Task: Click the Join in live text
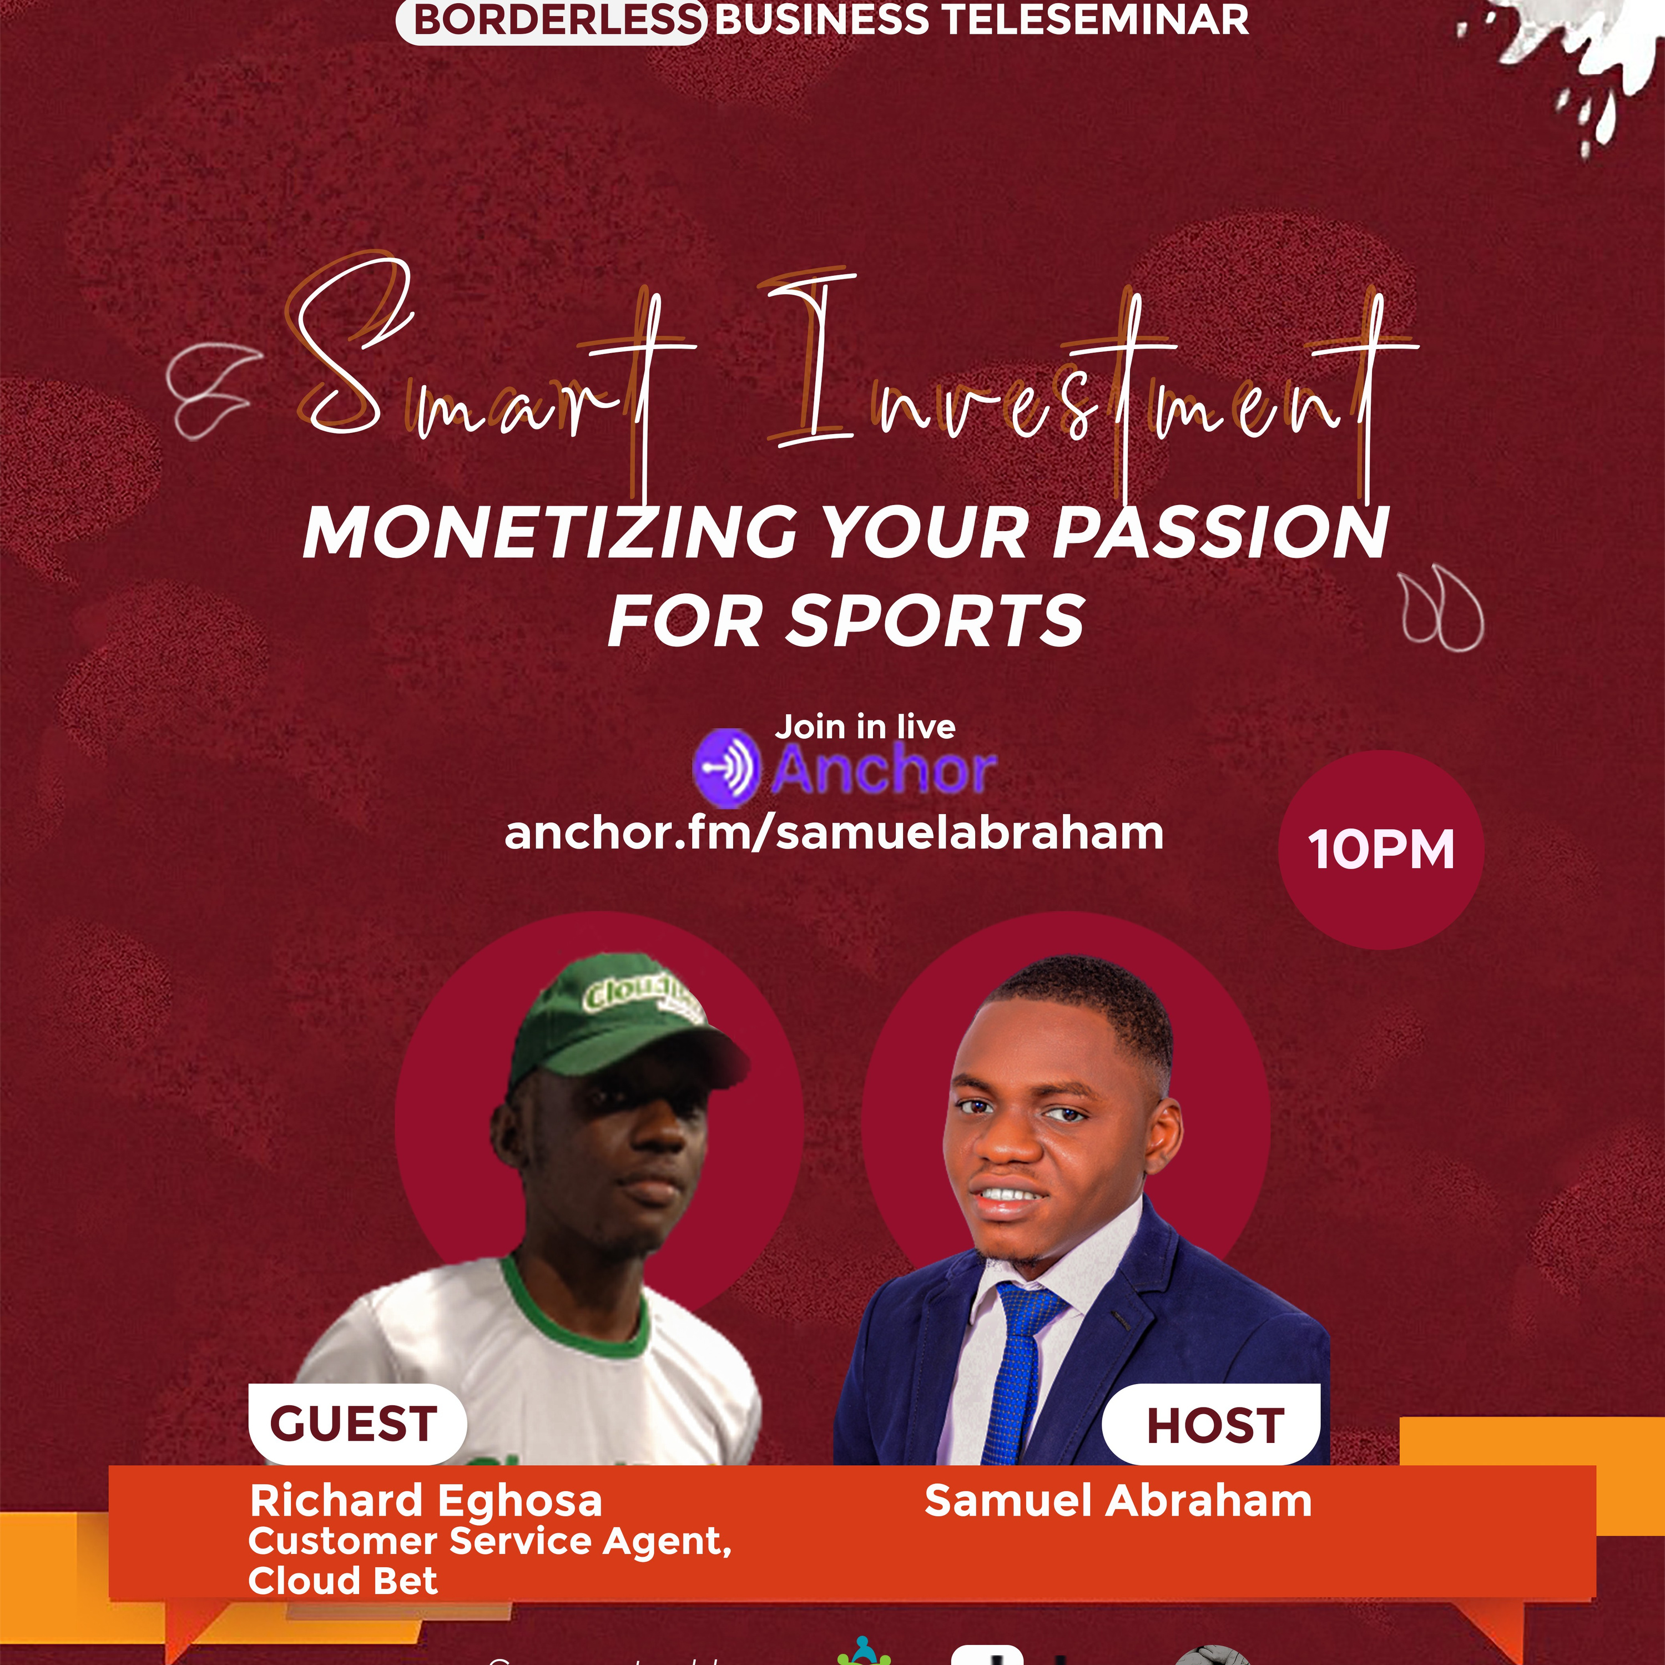pos(864,726)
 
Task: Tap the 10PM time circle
pos(1381,850)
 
